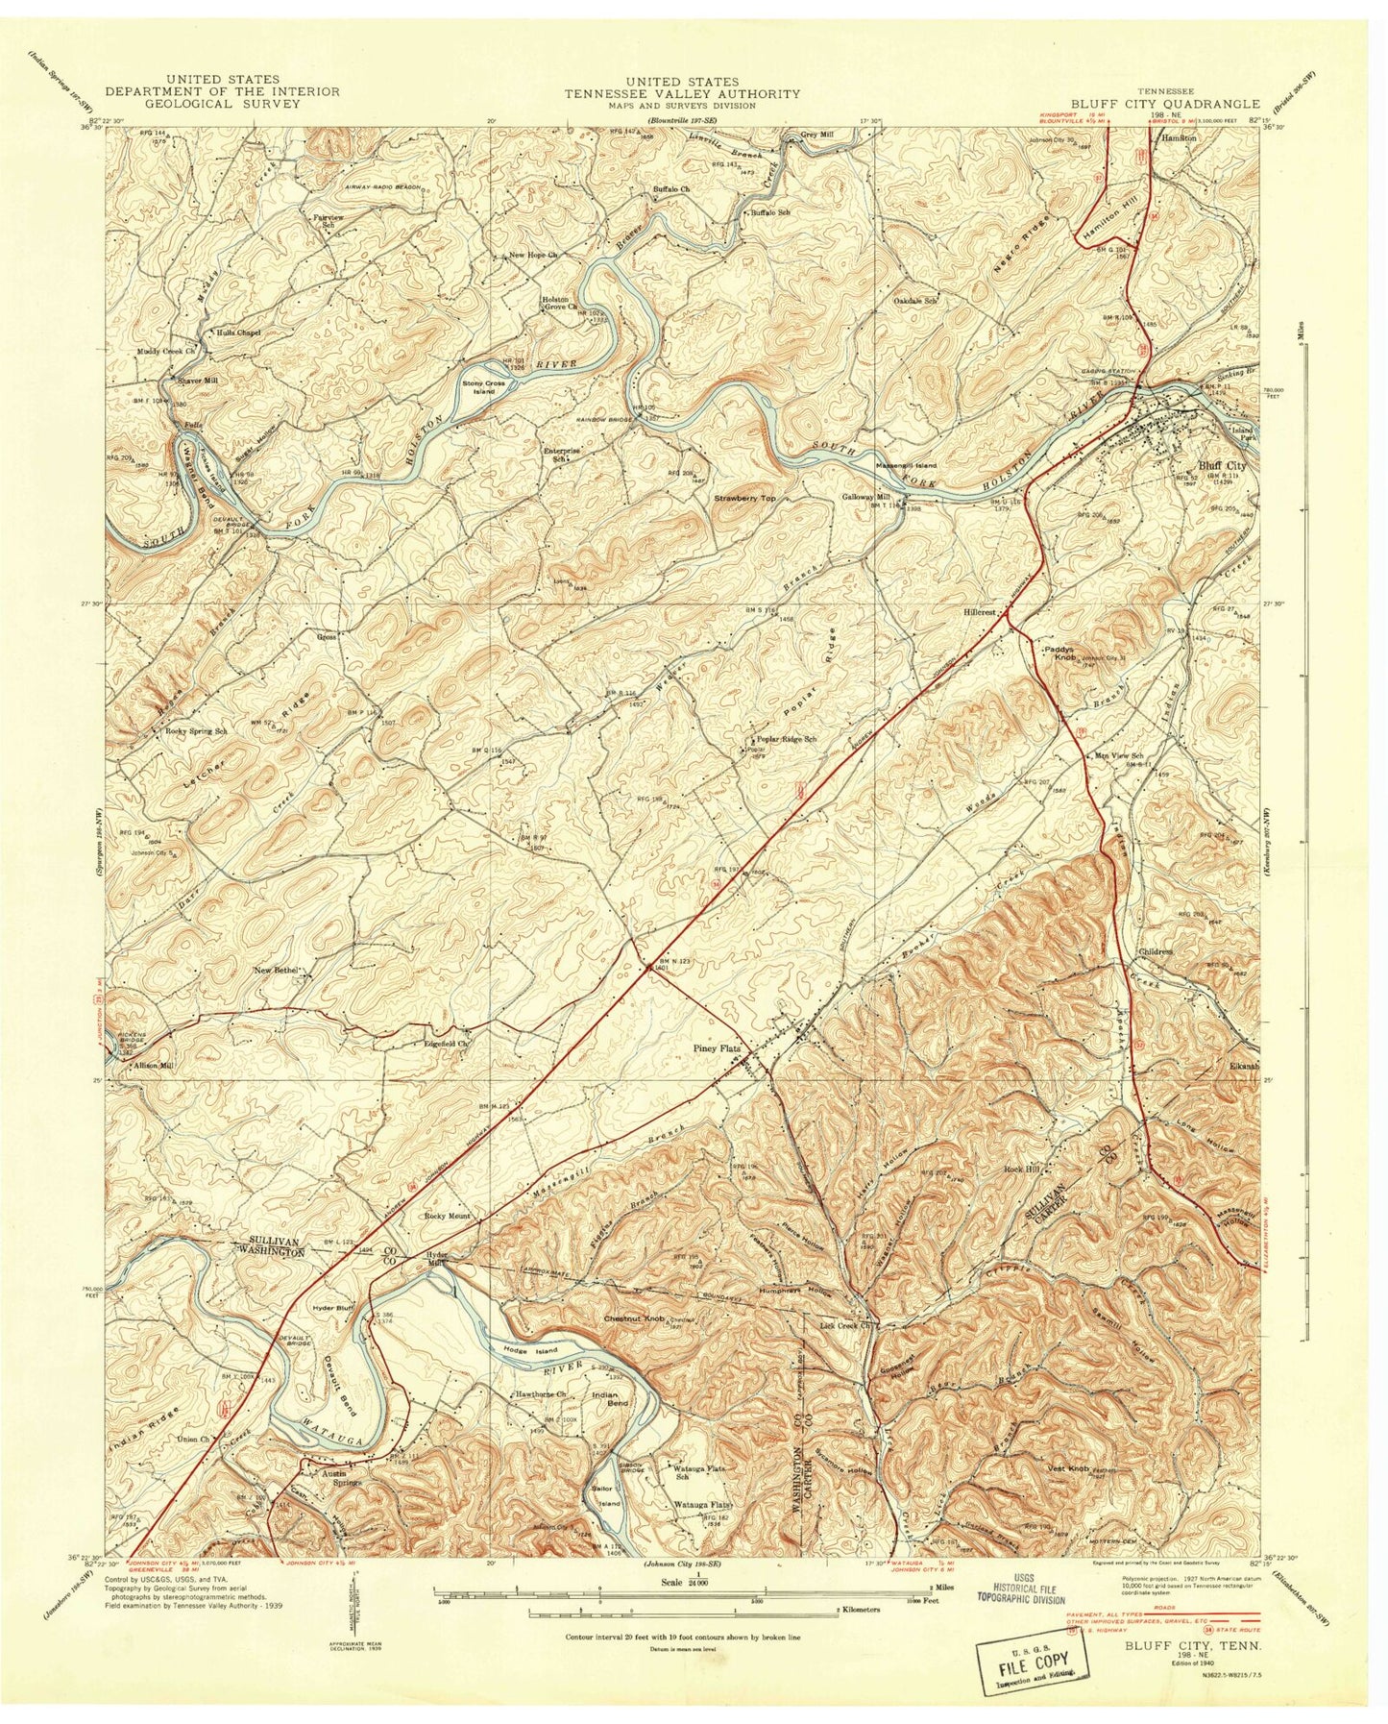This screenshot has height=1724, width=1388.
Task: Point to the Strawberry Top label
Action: (x=744, y=499)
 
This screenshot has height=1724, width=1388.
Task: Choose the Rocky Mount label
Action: (x=448, y=1217)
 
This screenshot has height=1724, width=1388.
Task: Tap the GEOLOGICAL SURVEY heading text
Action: (x=222, y=104)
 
